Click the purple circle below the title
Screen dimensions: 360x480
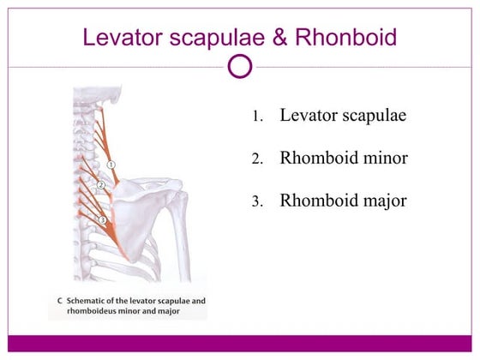click(x=241, y=66)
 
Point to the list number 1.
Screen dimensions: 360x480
click(x=256, y=117)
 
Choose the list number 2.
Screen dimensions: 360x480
click(x=256, y=160)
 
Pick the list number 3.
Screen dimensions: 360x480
click(x=256, y=203)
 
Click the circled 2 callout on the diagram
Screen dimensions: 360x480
click(x=100, y=185)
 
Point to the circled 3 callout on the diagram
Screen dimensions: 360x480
click(x=102, y=220)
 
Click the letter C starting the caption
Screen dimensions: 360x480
click(x=54, y=301)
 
